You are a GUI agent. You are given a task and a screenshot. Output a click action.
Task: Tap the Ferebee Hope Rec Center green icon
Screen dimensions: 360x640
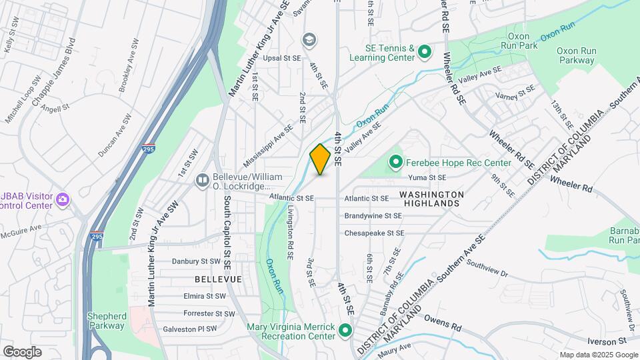coord(395,162)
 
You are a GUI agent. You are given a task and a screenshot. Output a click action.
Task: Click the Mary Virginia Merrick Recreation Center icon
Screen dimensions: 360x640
coord(345,330)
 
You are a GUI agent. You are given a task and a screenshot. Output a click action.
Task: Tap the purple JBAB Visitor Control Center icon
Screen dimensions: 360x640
coord(63,199)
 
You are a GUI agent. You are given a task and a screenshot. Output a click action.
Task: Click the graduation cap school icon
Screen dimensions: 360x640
coord(308,41)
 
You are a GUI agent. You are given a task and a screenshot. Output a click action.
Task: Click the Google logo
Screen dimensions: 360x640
coord(22,351)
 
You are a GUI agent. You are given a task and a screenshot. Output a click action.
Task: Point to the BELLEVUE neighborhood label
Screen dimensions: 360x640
coord(218,278)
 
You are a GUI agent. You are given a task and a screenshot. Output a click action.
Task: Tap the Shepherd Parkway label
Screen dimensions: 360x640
coord(106,321)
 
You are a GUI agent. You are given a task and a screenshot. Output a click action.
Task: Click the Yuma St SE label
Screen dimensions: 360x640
coord(428,178)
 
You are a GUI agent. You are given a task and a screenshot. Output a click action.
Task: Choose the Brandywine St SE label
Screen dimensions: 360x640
coord(373,216)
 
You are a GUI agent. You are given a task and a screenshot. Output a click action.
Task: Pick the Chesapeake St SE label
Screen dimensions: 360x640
coord(375,233)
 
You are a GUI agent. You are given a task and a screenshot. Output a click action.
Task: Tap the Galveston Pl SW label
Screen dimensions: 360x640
coord(190,329)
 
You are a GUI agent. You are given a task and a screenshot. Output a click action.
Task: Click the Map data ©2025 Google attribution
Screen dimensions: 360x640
coord(597,355)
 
